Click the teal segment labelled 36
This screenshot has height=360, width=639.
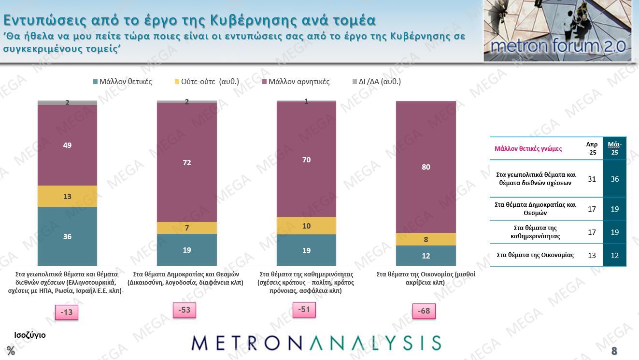coord(67,236)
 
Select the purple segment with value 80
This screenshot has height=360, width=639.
coord(426,167)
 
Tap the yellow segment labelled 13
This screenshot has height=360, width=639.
coord(67,196)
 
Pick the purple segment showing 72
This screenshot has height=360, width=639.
coord(187,162)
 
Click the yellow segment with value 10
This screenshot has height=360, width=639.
coord(306,226)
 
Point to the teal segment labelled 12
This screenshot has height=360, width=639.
coord(426,256)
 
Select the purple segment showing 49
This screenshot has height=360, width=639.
coord(67,145)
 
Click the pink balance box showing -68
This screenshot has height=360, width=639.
coord(424,311)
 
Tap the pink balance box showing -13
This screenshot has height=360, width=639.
coord(66,313)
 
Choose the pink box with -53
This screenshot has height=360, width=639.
coord(184,310)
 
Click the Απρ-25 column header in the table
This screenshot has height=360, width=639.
coord(592,148)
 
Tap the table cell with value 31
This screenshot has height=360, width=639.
coord(592,179)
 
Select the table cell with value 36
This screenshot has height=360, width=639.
coord(614,179)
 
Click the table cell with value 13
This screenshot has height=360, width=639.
coord(592,255)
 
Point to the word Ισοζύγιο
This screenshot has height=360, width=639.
coord(29,334)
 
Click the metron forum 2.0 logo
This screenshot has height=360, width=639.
coord(557,31)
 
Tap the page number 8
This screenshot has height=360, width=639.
coord(614,351)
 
